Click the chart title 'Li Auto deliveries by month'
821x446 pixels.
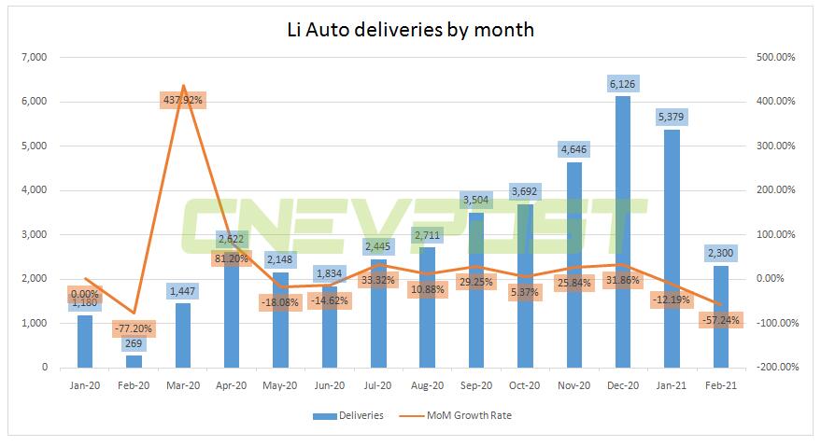pyautogui.click(x=410, y=29)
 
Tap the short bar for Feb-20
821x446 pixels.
pyautogui.click(x=134, y=361)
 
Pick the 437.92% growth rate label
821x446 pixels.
pyautogui.click(x=182, y=100)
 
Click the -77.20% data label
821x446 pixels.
pyautogui.click(x=134, y=328)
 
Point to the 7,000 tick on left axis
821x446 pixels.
pyautogui.click(x=34, y=58)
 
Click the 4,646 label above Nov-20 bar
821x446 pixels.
pyautogui.click(x=572, y=149)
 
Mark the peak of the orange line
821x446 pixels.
pyautogui.click(x=182, y=85)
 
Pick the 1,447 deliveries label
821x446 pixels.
pyautogui.click(x=182, y=291)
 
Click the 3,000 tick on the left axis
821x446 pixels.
pyautogui.click(x=34, y=235)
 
